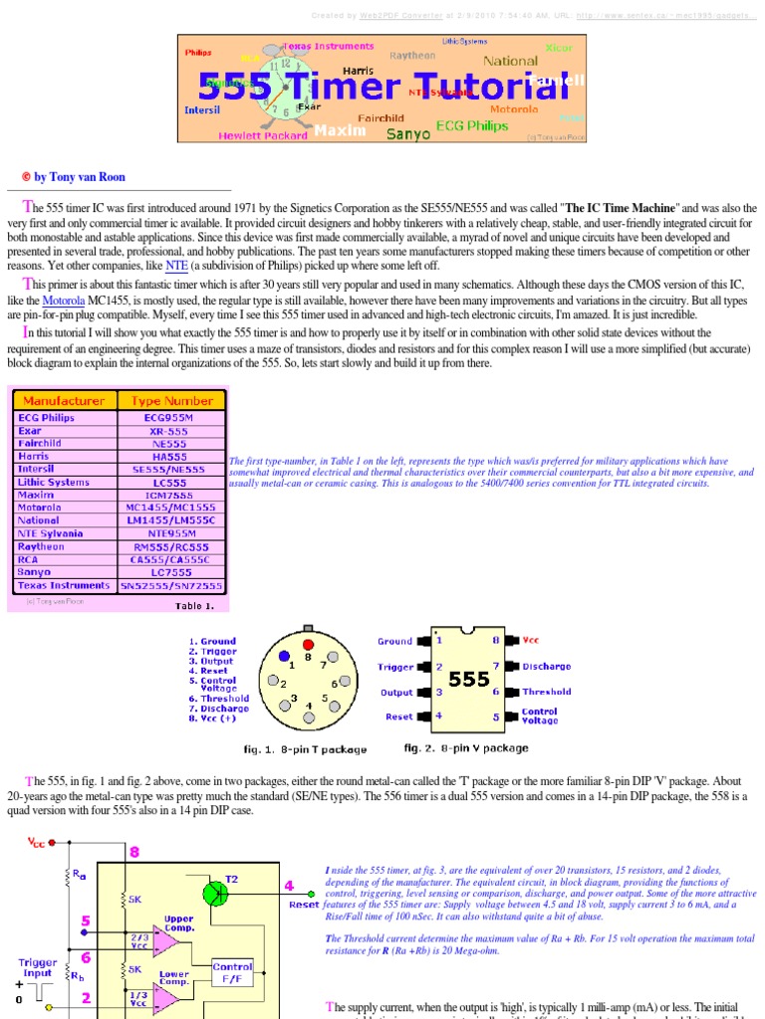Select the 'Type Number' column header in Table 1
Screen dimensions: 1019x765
[x=171, y=400]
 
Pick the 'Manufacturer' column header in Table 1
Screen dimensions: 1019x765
[x=65, y=400]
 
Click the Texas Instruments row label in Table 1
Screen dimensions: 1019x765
[x=61, y=585]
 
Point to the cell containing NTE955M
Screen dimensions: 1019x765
[x=171, y=533]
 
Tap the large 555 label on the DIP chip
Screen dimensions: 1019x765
[x=468, y=680]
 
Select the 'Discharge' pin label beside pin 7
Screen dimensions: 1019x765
[x=546, y=666]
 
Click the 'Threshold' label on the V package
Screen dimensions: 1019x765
[x=546, y=692]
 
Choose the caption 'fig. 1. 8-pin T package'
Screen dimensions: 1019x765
[x=305, y=749]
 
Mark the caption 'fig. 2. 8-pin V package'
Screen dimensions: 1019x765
[x=466, y=747]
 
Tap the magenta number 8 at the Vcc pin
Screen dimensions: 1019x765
[x=134, y=852]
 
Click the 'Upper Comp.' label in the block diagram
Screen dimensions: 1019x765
[x=179, y=922]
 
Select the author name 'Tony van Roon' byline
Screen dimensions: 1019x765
[x=80, y=177]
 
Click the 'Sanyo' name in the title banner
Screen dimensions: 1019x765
[x=408, y=132]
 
